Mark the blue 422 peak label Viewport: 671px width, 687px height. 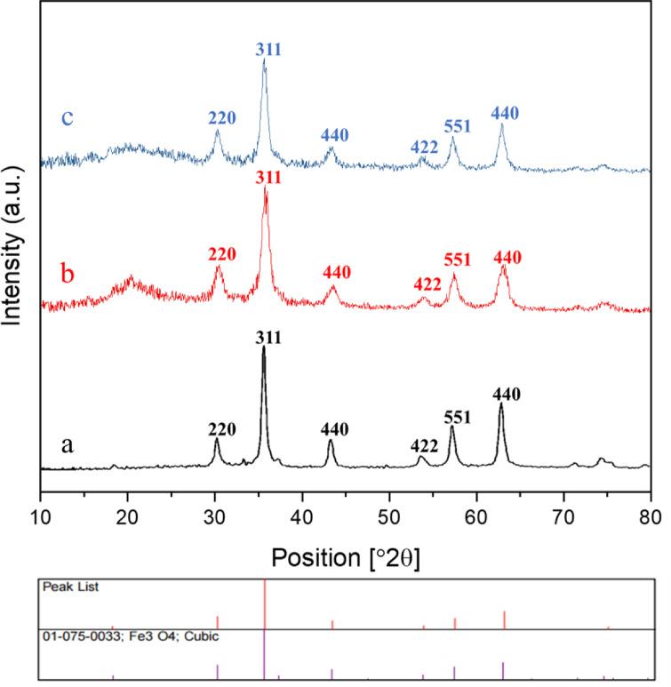pyautogui.click(x=425, y=147)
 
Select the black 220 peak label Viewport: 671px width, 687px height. pyautogui.click(x=221, y=429)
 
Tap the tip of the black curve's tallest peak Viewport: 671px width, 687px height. pyautogui.click(x=263, y=347)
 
